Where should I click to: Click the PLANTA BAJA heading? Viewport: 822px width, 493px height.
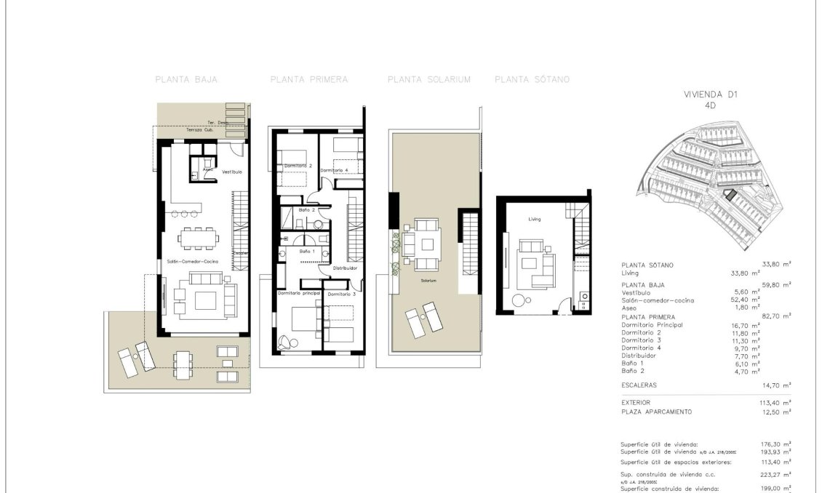pos(186,79)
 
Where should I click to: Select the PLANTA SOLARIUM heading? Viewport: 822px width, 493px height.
pos(429,79)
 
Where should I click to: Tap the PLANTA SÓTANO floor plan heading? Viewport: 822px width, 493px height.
pos(532,79)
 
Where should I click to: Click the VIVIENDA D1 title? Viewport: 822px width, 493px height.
pos(710,95)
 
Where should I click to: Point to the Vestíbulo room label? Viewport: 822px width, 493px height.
pos(232,172)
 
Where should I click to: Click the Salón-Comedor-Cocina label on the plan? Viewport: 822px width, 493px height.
pos(193,261)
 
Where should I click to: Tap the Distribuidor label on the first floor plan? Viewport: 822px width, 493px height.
pos(345,268)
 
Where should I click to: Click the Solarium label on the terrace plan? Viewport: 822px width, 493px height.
pos(428,280)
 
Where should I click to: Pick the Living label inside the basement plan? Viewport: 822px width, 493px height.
pos(535,218)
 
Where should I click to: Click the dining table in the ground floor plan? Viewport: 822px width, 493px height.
pos(197,237)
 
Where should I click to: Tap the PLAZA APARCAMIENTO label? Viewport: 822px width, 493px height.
pos(657,412)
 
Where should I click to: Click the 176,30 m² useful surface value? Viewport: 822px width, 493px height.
pos(776,444)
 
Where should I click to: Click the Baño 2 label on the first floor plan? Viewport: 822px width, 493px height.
pos(306,209)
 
